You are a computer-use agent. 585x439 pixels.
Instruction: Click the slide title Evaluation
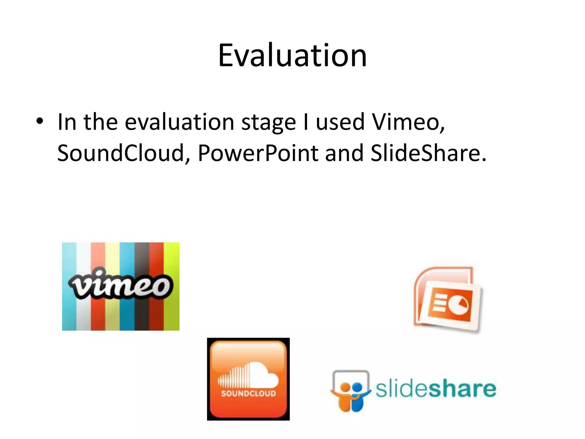292,55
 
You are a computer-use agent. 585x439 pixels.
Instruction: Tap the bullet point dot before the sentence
40,121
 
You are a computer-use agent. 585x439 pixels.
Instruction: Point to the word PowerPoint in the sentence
258,153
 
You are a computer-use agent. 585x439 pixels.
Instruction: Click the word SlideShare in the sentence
428,153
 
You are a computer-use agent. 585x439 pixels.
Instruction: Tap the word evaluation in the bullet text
179,122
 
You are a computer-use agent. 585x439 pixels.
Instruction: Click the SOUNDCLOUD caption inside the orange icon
248,394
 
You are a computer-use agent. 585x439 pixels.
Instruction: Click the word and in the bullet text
344,153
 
